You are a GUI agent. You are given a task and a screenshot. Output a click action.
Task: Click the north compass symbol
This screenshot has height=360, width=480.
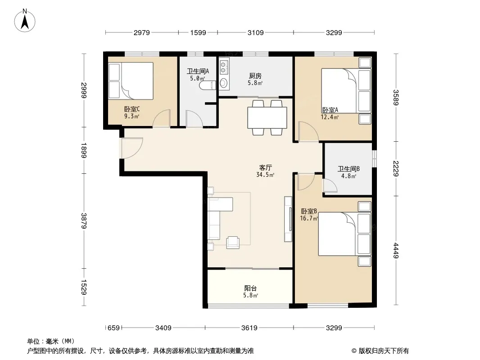25,21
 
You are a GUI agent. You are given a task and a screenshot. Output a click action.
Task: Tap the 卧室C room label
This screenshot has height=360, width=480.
132,109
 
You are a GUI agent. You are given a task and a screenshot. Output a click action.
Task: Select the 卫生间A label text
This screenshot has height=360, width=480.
198,71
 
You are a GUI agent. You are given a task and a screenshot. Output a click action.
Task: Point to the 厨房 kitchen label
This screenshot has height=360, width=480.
255,76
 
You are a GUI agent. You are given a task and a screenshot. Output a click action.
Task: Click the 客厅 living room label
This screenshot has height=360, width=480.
265,167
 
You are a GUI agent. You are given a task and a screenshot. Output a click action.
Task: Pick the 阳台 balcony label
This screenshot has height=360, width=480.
250,288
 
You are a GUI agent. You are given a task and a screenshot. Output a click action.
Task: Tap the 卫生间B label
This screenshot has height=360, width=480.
349,169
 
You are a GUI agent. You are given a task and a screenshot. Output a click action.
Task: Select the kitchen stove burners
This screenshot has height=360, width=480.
223,67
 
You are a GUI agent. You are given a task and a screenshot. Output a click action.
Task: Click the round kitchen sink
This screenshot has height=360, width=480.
224,83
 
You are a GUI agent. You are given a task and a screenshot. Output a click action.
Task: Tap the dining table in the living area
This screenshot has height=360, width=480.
267,117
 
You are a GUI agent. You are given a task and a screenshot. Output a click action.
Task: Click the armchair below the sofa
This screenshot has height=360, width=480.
233,243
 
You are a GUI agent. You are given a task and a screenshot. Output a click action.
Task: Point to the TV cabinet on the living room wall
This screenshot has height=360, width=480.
288,219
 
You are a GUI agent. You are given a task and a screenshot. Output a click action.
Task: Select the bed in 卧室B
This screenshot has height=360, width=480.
345,234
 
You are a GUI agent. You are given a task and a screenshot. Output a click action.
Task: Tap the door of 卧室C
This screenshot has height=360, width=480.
161,118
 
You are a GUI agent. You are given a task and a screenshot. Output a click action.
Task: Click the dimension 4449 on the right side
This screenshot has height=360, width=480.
396,250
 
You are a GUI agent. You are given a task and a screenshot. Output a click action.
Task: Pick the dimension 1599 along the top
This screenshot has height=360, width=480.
198,32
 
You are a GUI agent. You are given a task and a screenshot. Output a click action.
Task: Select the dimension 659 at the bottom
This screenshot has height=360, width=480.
113,328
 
